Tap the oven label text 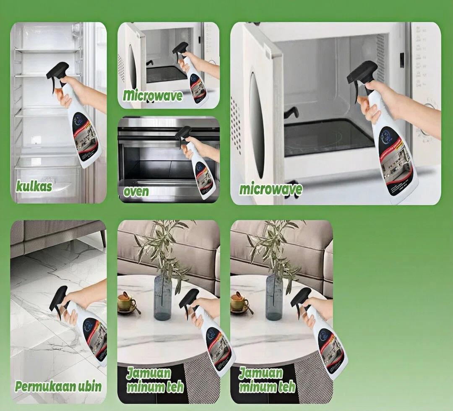click(x=136, y=191)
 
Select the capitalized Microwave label click(x=153, y=95)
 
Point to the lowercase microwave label click(x=271, y=189)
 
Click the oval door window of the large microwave click(x=258, y=126)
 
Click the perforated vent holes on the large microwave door click(x=235, y=126)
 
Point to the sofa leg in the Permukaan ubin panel click(x=102, y=239)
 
